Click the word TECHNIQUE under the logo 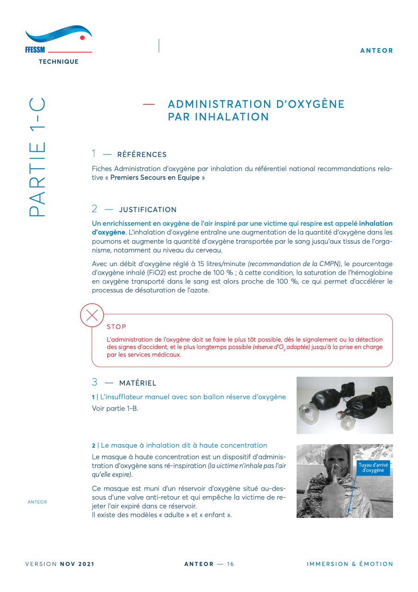pos(58,61)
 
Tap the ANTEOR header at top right pos(376,50)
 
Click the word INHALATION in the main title pos(218,117)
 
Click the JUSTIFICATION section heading pos(147,210)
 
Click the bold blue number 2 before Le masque pos(94,445)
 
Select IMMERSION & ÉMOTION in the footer pos(350,564)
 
